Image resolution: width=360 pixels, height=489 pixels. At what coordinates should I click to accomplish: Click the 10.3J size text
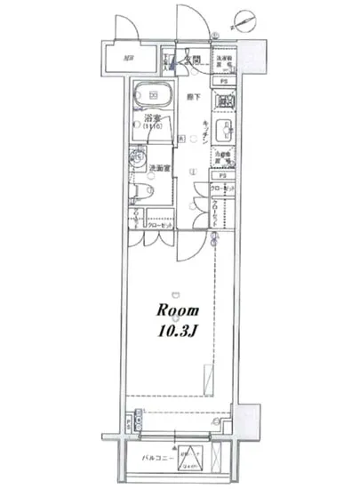coord(180,334)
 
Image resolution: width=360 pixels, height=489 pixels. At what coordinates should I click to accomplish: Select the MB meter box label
coord(129,61)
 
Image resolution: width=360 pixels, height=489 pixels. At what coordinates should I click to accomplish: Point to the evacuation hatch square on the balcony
coord(190,458)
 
